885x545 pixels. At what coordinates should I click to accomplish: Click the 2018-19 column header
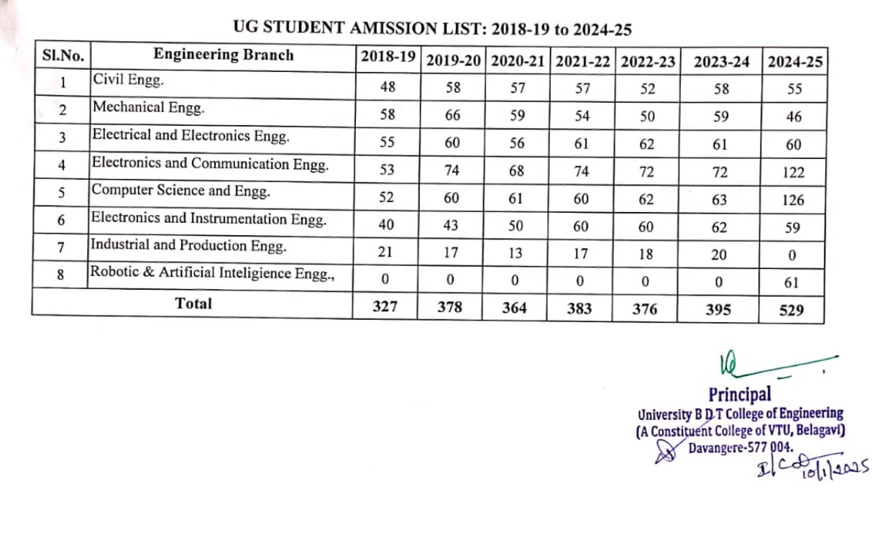pyautogui.click(x=388, y=58)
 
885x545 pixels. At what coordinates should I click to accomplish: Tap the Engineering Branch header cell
pyautogui.click(x=224, y=55)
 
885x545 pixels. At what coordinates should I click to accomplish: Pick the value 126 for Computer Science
pyautogui.click(x=794, y=200)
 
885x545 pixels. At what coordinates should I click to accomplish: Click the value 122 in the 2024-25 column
pyautogui.click(x=794, y=173)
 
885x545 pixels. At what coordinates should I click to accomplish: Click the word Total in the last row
pyautogui.click(x=193, y=303)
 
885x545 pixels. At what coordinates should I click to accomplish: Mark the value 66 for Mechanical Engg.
pyautogui.click(x=452, y=116)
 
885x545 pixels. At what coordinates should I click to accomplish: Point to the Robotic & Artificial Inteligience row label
pyautogui.click(x=211, y=273)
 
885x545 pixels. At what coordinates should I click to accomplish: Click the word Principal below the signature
pyautogui.click(x=739, y=394)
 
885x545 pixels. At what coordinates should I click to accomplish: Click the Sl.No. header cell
pyautogui.click(x=63, y=55)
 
